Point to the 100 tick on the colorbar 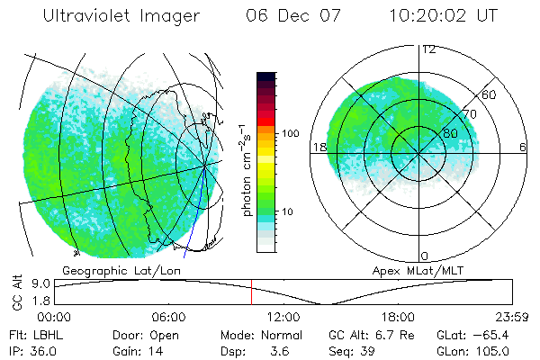[290, 133]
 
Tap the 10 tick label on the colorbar [288, 212]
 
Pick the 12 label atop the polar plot [428, 49]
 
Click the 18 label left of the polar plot [318, 147]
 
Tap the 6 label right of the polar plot [523, 147]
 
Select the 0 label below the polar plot [425, 256]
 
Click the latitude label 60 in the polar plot [490, 94]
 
